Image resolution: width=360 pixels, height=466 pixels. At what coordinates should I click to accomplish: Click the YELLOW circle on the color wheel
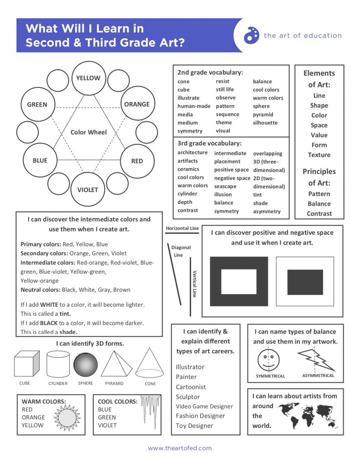pyautogui.click(x=88, y=78)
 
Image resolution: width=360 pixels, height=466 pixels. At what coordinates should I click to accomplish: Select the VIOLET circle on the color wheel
pyautogui.click(x=87, y=189)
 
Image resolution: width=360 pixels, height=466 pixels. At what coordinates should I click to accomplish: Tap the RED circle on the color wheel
pyautogui.click(x=137, y=161)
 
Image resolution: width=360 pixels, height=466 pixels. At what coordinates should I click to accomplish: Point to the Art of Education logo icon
pyautogui.click(x=251, y=35)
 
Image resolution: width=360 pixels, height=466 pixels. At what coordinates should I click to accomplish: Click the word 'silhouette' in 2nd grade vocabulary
pyautogui.click(x=265, y=122)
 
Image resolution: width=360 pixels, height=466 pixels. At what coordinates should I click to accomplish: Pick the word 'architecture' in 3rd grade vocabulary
pyautogui.click(x=192, y=152)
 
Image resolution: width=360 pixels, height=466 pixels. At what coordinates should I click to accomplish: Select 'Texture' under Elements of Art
pyautogui.click(x=319, y=155)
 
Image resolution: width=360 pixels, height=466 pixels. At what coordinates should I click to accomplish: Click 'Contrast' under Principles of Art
pyautogui.click(x=319, y=213)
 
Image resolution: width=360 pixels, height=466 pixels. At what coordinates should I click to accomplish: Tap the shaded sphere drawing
pyautogui.click(x=86, y=364)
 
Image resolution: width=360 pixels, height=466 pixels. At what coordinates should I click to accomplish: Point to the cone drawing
pyautogui.click(x=149, y=363)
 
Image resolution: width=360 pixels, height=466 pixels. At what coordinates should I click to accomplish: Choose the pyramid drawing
pyautogui.click(x=116, y=364)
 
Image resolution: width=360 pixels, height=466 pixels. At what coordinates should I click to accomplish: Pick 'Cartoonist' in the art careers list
pyautogui.click(x=191, y=387)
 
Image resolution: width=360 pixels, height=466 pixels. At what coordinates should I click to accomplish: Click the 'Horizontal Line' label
pyautogui.click(x=182, y=228)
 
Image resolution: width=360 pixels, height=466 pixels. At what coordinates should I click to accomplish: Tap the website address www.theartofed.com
pyautogui.click(x=180, y=448)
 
